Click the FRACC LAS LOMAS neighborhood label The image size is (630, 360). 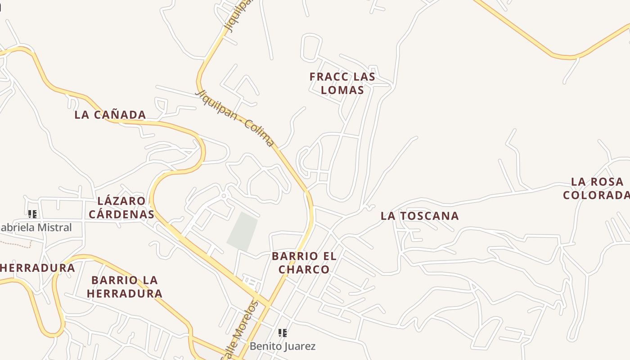pos(342,83)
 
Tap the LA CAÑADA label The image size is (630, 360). pos(110,115)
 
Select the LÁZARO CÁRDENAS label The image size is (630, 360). pos(121,207)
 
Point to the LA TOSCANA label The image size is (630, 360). pos(419,216)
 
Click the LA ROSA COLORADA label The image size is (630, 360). pos(597,189)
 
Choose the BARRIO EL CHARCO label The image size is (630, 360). pos(304,263)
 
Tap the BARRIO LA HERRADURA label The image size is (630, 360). pos(125,287)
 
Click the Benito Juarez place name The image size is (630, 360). pos(283,346)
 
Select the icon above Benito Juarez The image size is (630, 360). pos(283,333)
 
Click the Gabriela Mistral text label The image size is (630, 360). pos(36,228)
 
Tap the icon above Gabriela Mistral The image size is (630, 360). pos(32,214)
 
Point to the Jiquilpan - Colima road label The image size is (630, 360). pos(235,118)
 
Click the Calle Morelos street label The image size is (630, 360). pos(241,331)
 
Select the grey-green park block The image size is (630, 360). pos(243,231)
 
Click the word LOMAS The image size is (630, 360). pos(342,90)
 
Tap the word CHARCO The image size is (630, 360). pos(304,270)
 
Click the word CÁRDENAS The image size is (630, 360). pos(121,214)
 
